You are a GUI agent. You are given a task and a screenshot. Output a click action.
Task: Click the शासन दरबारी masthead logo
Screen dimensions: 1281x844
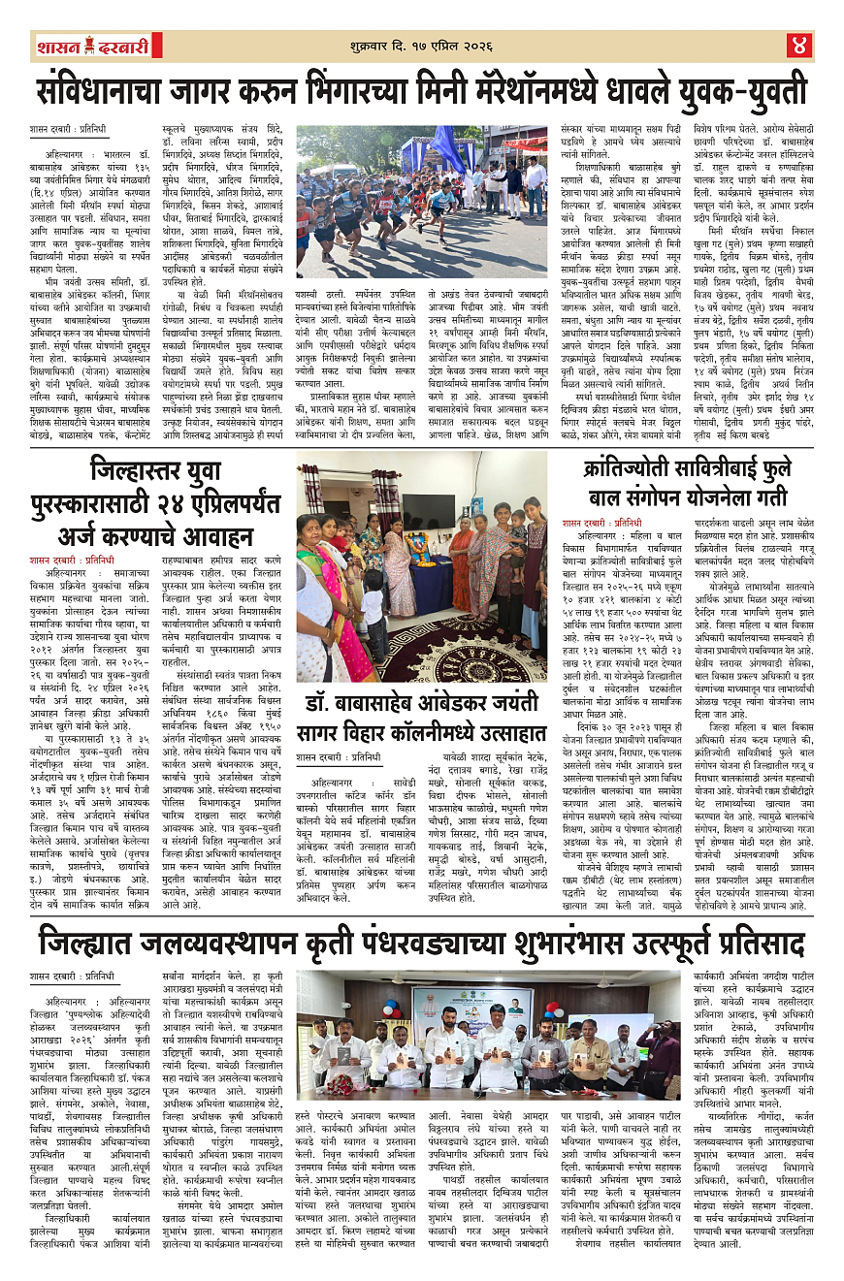coord(92,46)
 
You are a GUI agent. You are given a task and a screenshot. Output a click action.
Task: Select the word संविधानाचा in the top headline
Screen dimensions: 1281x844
coord(109,92)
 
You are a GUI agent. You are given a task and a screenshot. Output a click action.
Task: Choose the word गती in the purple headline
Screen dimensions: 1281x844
coord(773,499)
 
